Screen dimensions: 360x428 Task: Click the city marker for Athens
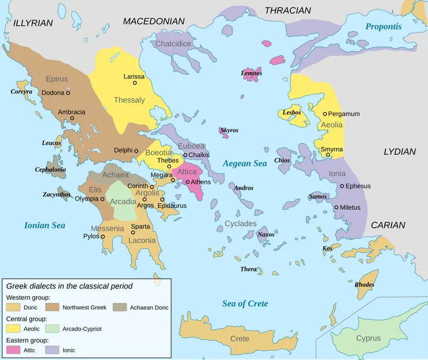pos(188,182)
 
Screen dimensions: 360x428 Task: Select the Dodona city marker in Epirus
pos(68,92)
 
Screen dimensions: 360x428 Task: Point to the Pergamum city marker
pos(325,114)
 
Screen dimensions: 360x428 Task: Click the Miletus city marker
pos(337,207)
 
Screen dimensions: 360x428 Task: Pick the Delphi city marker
pos(136,150)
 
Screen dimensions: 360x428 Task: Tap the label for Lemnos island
pos(252,73)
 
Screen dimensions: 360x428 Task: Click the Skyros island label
pos(229,130)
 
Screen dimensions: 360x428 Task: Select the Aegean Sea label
pos(245,164)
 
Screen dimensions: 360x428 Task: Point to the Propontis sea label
pos(383,27)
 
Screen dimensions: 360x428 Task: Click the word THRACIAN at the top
pos(287,10)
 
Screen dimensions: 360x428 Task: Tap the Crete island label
pos(239,339)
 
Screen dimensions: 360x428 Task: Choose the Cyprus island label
pos(368,338)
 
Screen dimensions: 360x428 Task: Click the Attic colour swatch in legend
pos(13,350)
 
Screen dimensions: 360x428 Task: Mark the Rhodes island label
pos(364,284)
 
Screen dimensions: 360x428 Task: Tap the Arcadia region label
pos(123,202)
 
